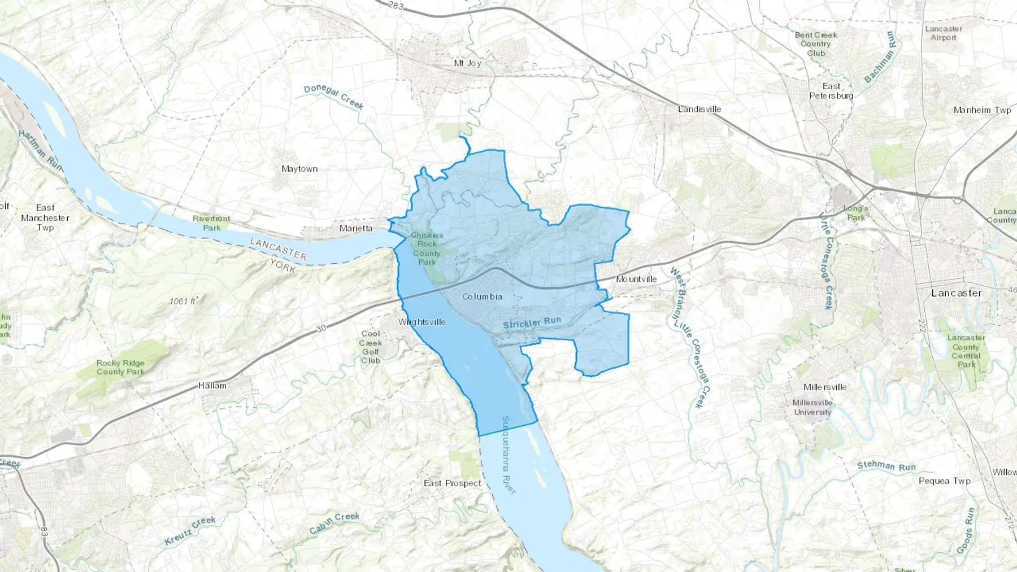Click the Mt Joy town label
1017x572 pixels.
click(x=467, y=63)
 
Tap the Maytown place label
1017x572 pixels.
click(x=299, y=169)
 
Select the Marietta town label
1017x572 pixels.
click(x=356, y=228)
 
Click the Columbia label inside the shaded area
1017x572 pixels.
click(x=482, y=296)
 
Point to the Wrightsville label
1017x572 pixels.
click(x=421, y=322)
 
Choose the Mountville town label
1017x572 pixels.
click(x=636, y=279)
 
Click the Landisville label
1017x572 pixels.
click(x=699, y=109)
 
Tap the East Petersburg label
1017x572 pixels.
click(x=831, y=91)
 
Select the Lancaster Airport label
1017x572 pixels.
click(x=944, y=33)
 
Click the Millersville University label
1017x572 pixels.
click(x=812, y=407)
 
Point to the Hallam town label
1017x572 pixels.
click(x=212, y=386)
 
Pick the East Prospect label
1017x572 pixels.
click(x=453, y=483)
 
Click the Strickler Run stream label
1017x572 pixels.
click(x=532, y=322)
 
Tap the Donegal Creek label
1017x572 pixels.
click(x=334, y=97)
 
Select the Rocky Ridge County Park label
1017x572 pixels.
click(x=120, y=367)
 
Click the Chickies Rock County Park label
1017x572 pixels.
click(x=427, y=248)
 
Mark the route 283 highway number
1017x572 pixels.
click(x=396, y=5)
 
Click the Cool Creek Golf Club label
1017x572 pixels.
click(x=371, y=347)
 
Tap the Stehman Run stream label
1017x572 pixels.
click(x=886, y=466)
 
